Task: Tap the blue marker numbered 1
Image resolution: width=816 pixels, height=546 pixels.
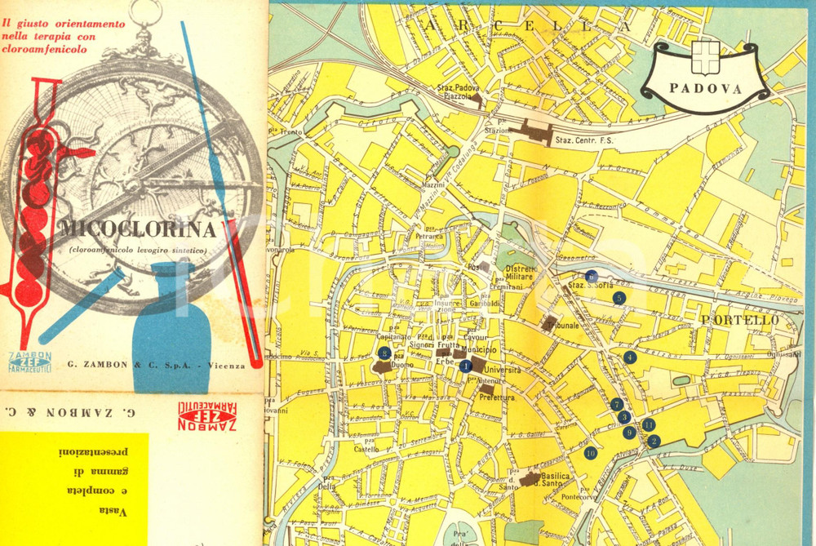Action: pyautogui.click(x=465, y=366)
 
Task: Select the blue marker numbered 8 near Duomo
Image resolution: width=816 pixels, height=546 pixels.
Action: pyautogui.click(x=384, y=353)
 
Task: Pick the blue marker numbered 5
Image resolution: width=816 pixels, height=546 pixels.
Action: pyautogui.click(x=619, y=298)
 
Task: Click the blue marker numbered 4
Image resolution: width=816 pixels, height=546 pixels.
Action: pyautogui.click(x=629, y=357)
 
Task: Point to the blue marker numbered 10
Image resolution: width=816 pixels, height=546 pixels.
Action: pyautogui.click(x=590, y=453)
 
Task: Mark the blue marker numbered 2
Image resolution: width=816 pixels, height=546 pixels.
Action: pyautogui.click(x=654, y=441)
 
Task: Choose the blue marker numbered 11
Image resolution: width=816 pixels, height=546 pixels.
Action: pyautogui.click(x=649, y=424)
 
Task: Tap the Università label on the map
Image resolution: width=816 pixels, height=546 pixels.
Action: pyautogui.click(x=502, y=370)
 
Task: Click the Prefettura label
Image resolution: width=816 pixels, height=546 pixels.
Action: pyautogui.click(x=497, y=397)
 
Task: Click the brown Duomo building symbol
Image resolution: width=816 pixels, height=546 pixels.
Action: pyautogui.click(x=381, y=367)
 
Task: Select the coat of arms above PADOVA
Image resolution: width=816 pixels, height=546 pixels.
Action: pyautogui.click(x=705, y=55)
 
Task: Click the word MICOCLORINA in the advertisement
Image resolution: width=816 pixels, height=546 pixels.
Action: pyautogui.click(x=137, y=228)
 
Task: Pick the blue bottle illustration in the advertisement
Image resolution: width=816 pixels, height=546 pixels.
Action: pyautogui.click(x=172, y=326)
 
